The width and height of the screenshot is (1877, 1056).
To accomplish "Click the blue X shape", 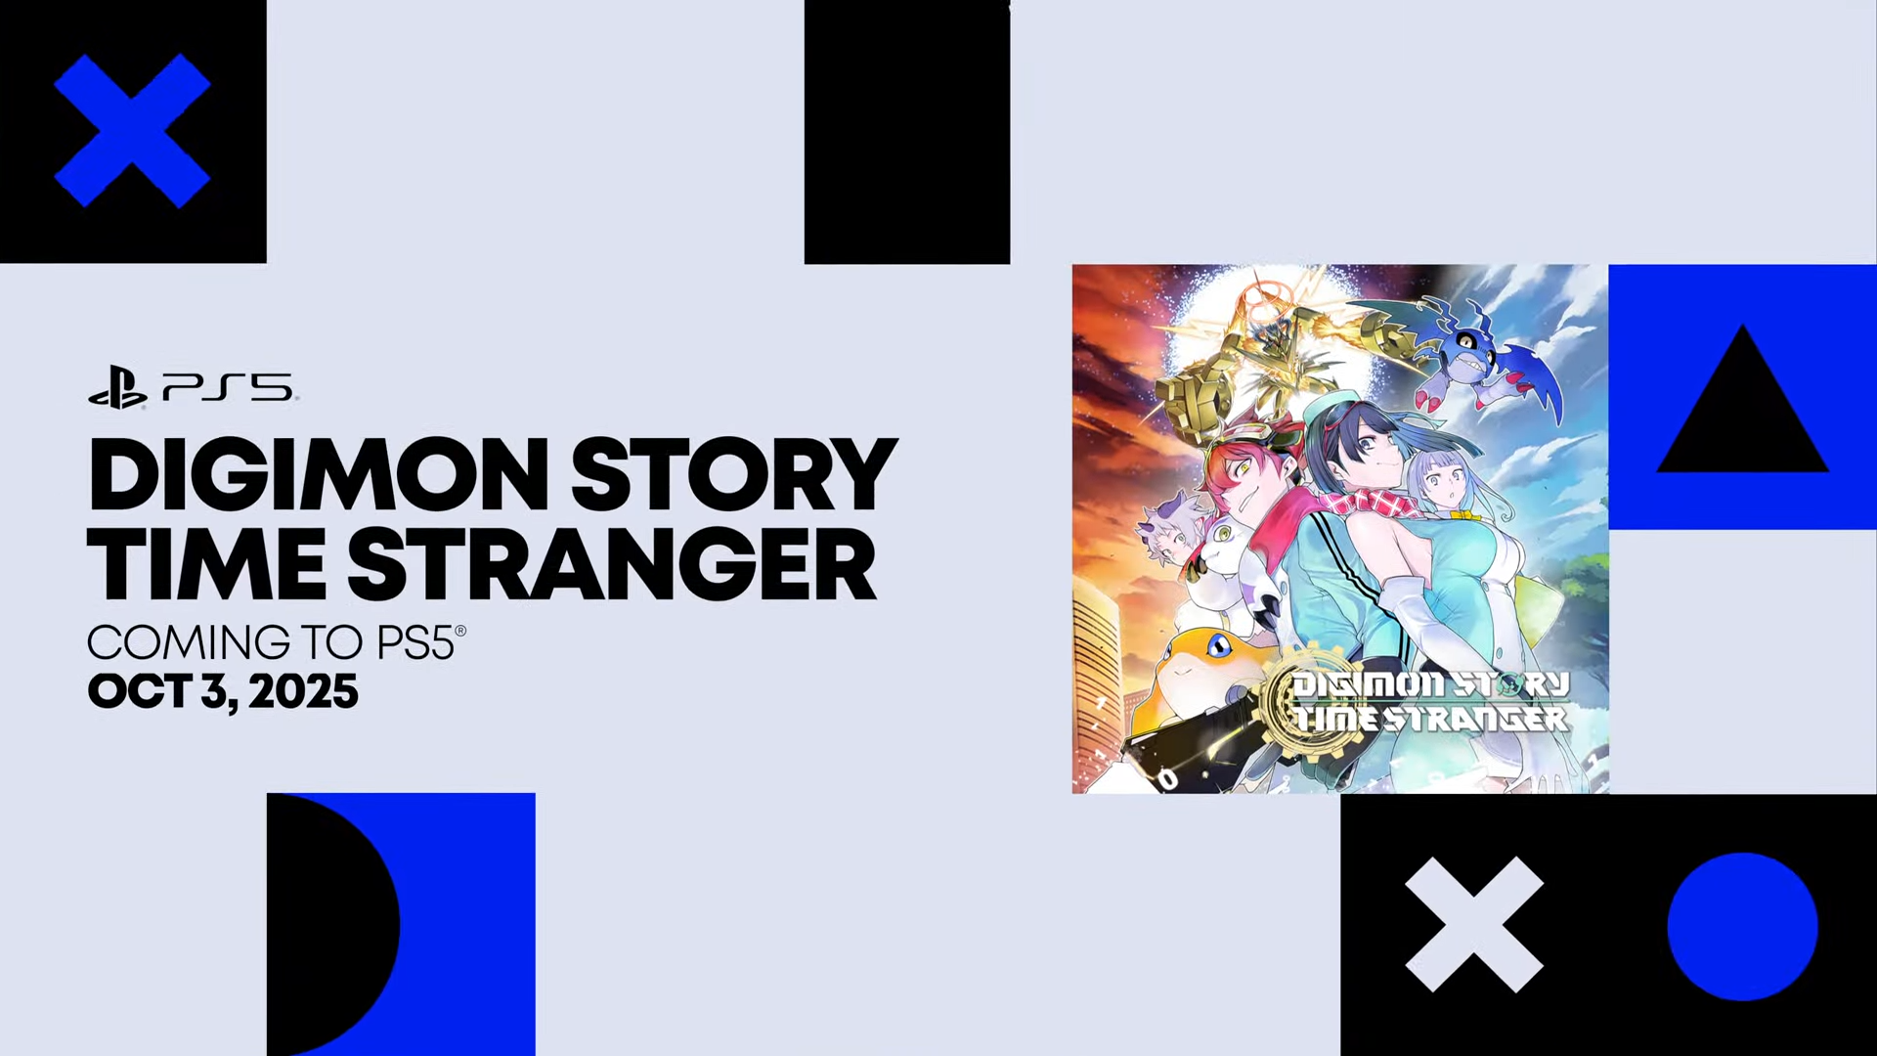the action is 132,131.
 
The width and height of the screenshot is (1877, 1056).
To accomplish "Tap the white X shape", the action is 1474,925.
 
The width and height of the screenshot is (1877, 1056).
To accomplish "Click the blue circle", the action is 1742,926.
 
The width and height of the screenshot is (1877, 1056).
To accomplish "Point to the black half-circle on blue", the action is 332,924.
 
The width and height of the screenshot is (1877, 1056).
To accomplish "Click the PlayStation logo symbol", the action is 117,387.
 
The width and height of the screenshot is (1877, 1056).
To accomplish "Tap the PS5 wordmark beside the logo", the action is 228,387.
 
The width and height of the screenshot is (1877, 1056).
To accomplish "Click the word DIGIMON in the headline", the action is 319,475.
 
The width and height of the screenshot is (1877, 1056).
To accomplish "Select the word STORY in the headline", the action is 734,475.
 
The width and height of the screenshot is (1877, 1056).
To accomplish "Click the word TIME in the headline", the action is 206,564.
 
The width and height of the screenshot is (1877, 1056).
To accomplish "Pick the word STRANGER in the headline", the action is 612,564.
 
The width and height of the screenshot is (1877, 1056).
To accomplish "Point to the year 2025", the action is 303,691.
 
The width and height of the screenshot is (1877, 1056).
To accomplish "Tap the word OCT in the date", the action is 139,691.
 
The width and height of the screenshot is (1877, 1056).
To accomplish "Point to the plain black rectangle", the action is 907,132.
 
